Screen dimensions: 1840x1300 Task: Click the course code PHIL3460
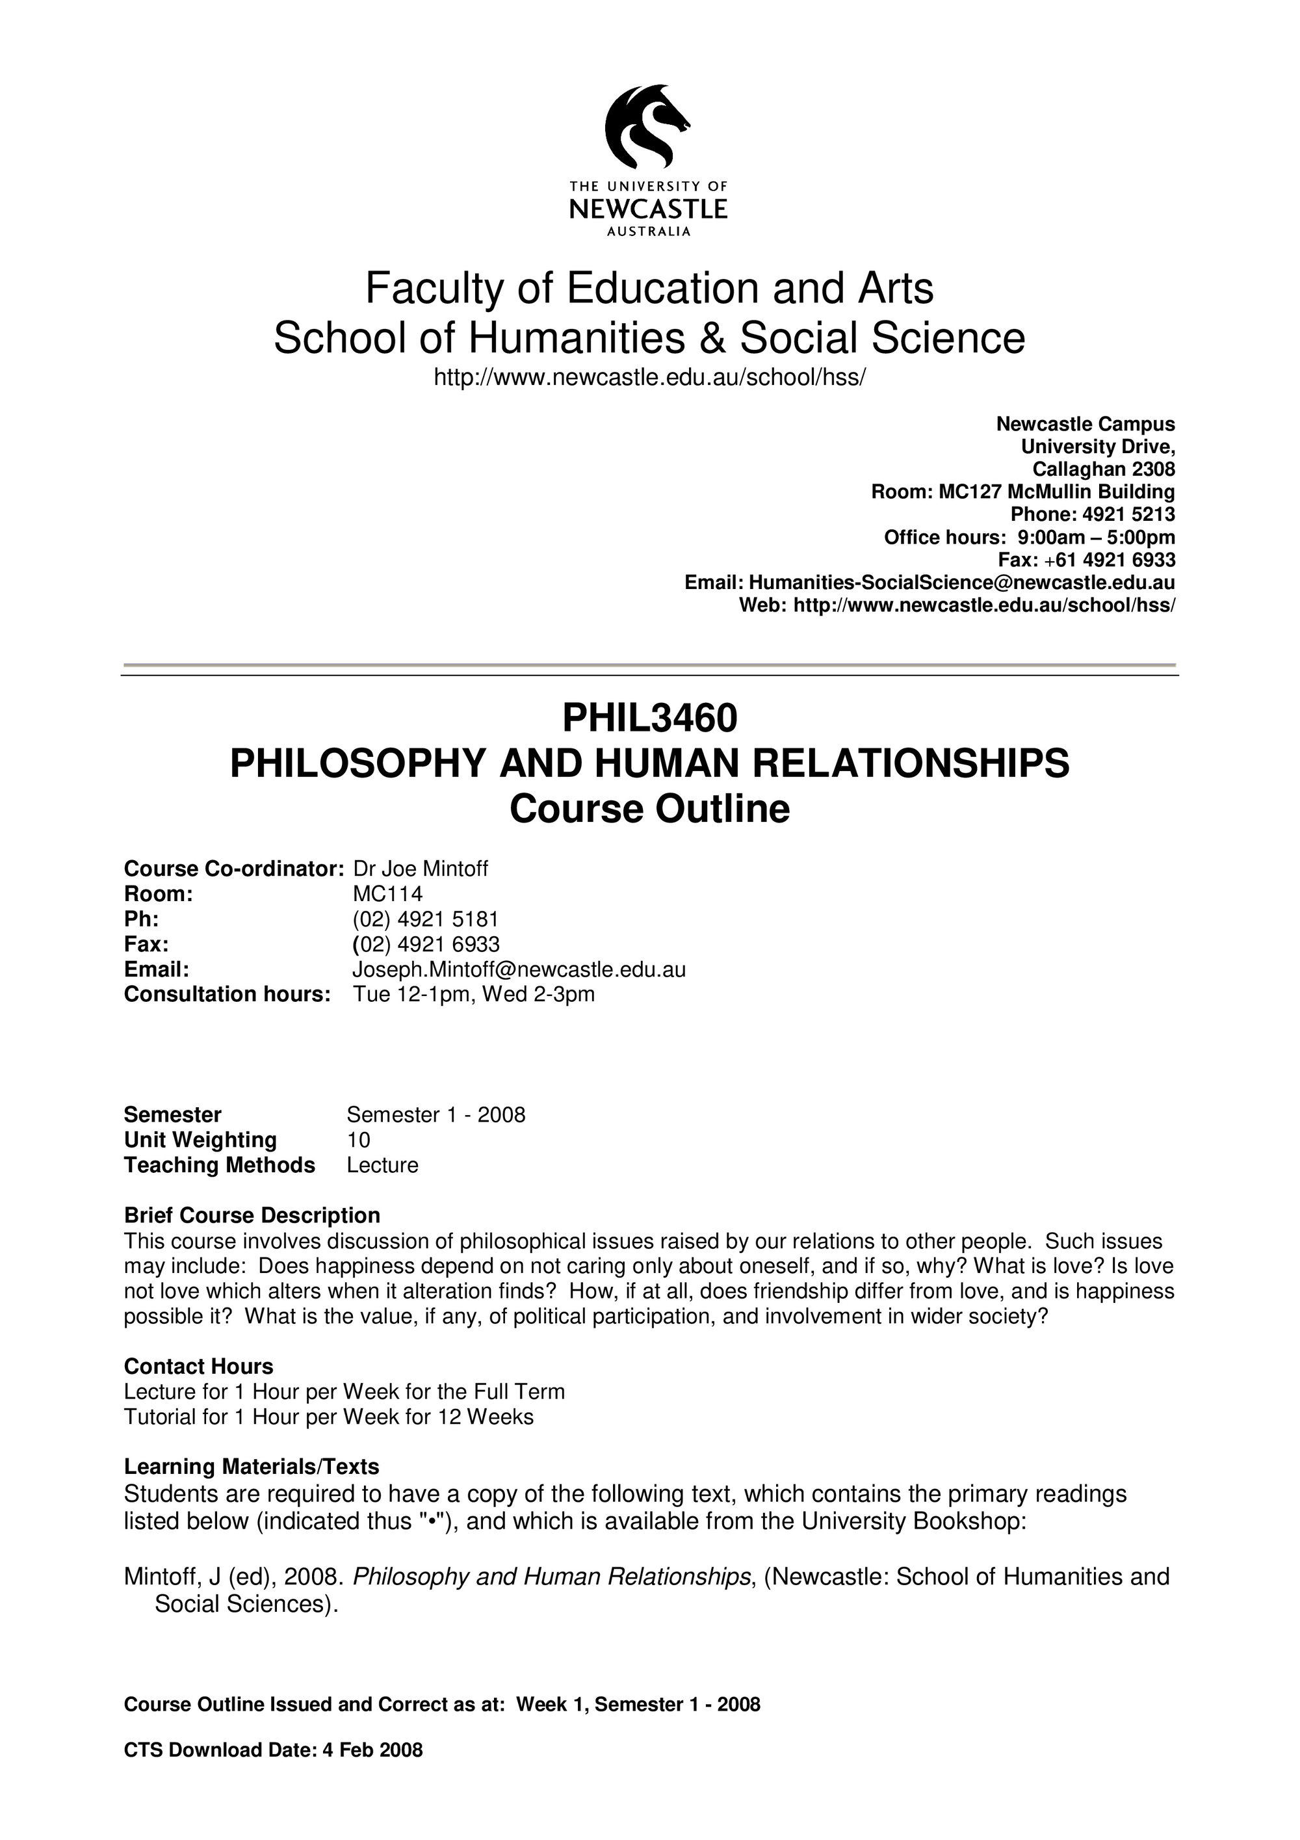[x=649, y=718]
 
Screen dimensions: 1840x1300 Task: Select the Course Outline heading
[x=649, y=809]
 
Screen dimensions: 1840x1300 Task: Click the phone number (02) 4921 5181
[x=425, y=919]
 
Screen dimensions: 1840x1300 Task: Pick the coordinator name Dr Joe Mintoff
[x=421, y=869]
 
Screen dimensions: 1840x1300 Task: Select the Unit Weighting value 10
[x=358, y=1140]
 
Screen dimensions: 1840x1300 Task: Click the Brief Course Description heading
[x=252, y=1216]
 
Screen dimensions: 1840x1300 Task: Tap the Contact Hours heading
[x=199, y=1367]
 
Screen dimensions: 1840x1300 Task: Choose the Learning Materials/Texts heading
[x=252, y=1467]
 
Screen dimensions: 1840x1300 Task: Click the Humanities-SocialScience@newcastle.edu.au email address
[x=961, y=583]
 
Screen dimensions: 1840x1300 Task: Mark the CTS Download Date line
[x=273, y=1750]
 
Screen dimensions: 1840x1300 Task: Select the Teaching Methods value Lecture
[x=382, y=1165]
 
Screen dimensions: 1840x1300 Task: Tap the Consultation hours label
[x=227, y=995]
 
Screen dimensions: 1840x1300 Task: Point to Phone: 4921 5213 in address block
[x=1093, y=514]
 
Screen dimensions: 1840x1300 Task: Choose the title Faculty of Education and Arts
[x=649, y=289]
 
